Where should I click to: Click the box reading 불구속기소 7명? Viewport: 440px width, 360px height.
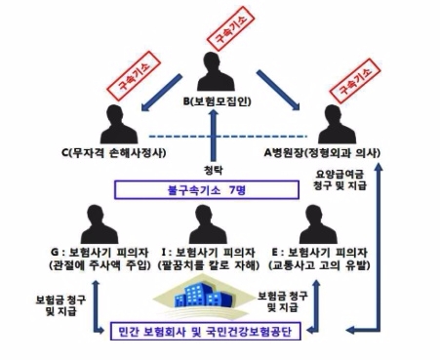219,190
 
